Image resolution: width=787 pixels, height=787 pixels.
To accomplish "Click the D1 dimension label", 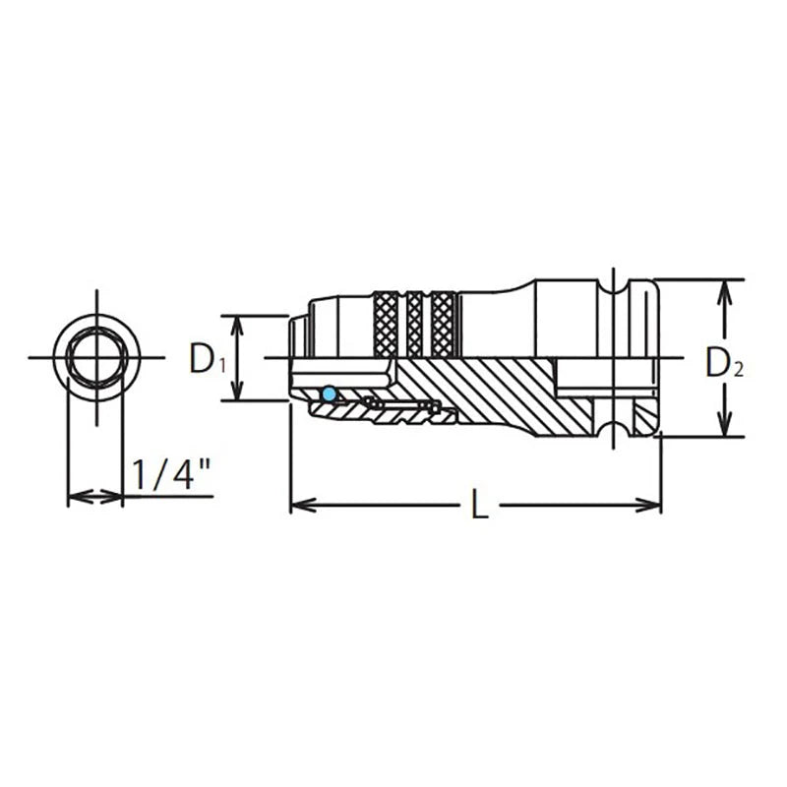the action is point(208,359).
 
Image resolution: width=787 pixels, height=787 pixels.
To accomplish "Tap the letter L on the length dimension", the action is point(480,504).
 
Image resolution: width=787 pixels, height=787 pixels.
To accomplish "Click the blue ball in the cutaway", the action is point(330,394).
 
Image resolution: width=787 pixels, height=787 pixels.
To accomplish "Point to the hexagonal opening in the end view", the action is point(95,357).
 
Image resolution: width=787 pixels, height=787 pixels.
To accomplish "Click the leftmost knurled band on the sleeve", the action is point(386,324).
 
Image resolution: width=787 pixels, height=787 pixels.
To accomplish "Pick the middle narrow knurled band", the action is point(414,324).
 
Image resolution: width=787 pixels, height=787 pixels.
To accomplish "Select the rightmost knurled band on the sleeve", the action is point(444,324).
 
